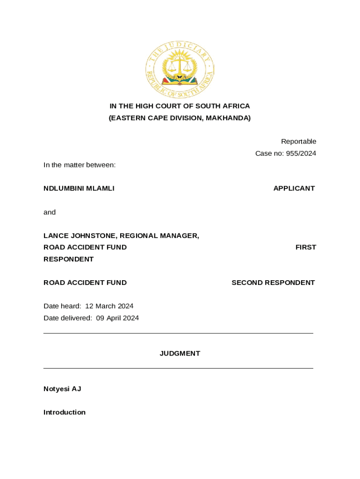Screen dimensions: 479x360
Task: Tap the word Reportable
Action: [x=298, y=141]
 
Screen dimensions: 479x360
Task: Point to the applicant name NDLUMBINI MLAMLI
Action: [x=79, y=189]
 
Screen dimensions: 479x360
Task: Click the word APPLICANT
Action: [x=294, y=189]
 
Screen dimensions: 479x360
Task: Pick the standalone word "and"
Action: [x=50, y=212]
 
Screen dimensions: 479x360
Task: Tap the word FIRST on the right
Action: [x=305, y=247]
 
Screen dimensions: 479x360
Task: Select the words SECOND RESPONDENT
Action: [x=273, y=283]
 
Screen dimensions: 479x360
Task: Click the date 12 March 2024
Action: [x=109, y=306]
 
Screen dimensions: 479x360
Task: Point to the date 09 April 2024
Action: [x=117, y=318]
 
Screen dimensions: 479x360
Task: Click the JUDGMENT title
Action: [x=180, y=354]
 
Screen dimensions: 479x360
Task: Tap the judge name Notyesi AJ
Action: [x=62, y=389]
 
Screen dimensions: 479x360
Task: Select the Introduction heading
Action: [x=65, y=412]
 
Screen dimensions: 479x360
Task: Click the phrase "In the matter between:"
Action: [x=79, y=165]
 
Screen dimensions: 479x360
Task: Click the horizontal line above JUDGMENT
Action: [x=178, y=334]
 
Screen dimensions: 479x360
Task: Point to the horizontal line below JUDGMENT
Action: [x=178, y=369]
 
